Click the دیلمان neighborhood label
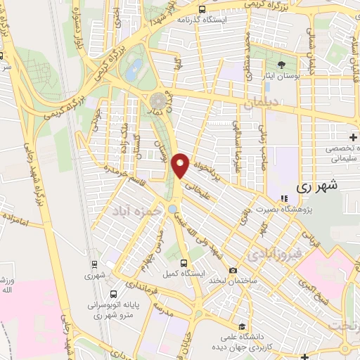tap(264, 103)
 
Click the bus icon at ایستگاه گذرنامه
tap(202, 10)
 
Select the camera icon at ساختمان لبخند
tap(233, 271)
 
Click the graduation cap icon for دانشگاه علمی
tap(243, 326)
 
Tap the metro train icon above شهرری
tap(94, 265)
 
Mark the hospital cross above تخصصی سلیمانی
tap(352, 135)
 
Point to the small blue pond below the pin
tap(172, 209)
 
